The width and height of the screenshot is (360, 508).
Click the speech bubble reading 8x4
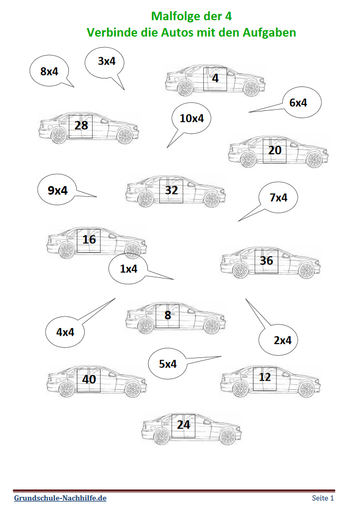[x=49, y=71]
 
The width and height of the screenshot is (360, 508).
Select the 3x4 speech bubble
[x=104, y=63]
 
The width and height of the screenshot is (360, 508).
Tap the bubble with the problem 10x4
[x=191, y=118]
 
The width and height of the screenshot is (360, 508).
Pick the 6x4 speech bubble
[x=301, y=102]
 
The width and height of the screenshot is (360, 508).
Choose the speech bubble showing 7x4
[x=277, y=198]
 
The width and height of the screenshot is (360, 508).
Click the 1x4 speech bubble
[x=129, y=268]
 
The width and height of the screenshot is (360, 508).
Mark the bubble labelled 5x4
[x=167, y=364]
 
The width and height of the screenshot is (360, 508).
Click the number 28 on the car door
[x=81, y=125]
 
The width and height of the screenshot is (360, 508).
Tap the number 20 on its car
[x=275, y=150]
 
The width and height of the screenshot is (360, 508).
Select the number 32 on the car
[x=172, y=190]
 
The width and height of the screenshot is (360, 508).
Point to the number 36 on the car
[x=266, y=260]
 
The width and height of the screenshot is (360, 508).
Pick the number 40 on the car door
[x=89, y=379]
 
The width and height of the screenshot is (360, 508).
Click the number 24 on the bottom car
[x=183, y=425]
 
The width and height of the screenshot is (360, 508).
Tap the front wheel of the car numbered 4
[x=251, y=88]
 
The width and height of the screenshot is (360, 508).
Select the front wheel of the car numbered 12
[x=306, y=389]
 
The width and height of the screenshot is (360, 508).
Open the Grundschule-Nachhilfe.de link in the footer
[x=60, y=498]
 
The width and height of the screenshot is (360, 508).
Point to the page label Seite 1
[x=323, y=498]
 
